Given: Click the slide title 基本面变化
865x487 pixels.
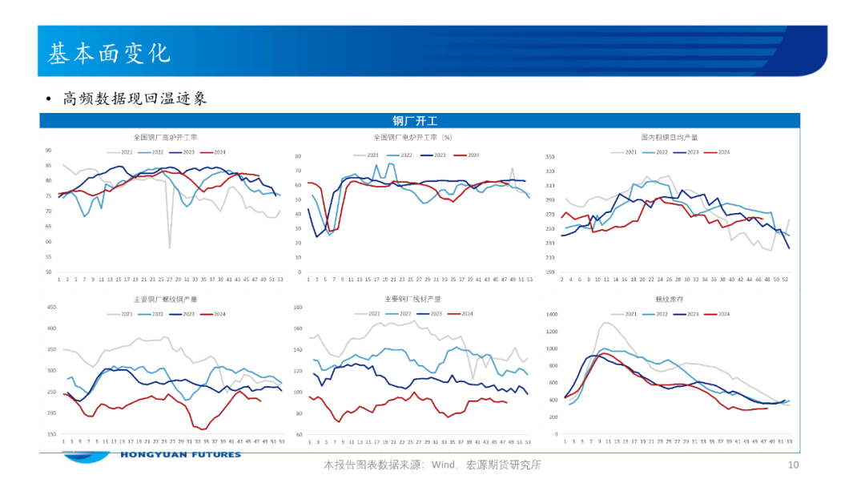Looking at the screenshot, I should [109, 53].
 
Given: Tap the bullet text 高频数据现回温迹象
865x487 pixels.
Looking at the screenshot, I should [135, 99].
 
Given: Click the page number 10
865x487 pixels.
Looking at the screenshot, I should [794, 465].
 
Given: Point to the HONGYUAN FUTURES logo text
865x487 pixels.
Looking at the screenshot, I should [180, 455].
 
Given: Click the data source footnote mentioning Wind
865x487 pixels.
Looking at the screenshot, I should [432, 465].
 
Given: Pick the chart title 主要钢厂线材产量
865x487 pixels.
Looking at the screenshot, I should [413, 299].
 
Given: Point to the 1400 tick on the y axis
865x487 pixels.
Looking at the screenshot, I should [551, 312].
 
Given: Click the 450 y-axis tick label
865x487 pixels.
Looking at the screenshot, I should [51, 307].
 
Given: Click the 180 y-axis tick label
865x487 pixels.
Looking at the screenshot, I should [298, 307].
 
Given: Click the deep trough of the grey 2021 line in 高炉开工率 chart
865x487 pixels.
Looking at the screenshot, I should [170, 247].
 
